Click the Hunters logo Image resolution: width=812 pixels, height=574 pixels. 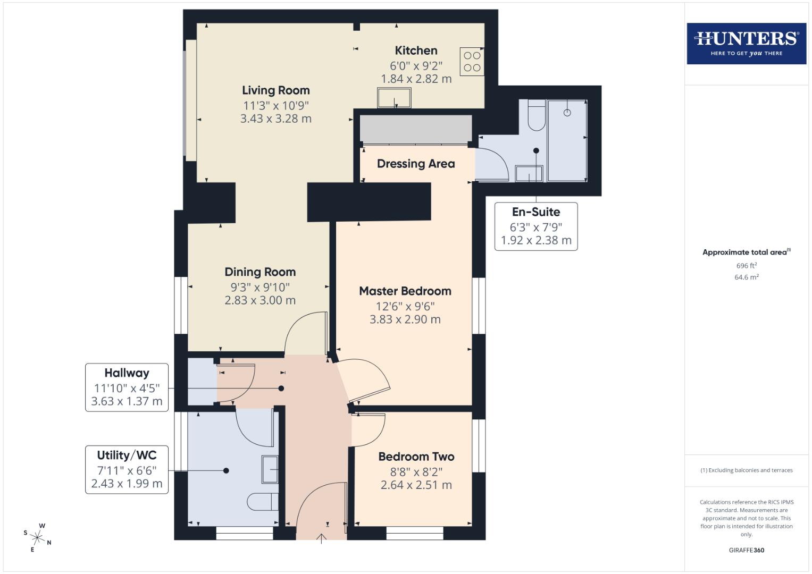[x=746, y=44]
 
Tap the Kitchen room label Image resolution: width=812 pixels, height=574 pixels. [x=416, y=51]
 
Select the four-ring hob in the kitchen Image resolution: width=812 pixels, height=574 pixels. [x=472, y=61]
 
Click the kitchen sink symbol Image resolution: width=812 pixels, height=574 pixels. [x=394, y=98]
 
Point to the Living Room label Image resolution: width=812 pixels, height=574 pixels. [x=275, y=90]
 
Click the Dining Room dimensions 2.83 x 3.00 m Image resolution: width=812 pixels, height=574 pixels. [x=259, y=300]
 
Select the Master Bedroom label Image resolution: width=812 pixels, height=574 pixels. [x=405, y=291]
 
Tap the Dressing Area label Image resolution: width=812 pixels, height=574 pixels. [x=415, y=164]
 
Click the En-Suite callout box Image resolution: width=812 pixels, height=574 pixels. [x=535, y=226]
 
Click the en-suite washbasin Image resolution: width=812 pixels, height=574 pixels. [x=529, y=173]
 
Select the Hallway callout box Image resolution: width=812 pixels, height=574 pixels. [x=127, y=387]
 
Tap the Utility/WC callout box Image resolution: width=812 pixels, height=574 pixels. [x=127, y=469]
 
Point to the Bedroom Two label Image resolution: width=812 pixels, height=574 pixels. [x=416, y=457]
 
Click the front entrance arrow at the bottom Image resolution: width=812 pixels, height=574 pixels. [x=321, y=538]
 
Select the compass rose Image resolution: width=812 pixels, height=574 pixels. [x=38, y=537]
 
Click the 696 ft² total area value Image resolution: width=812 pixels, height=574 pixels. [x=746, y=266]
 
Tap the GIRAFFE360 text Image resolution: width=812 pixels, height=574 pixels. [x=746, y=550]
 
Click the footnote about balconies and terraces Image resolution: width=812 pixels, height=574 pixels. [x=746, y=470]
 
